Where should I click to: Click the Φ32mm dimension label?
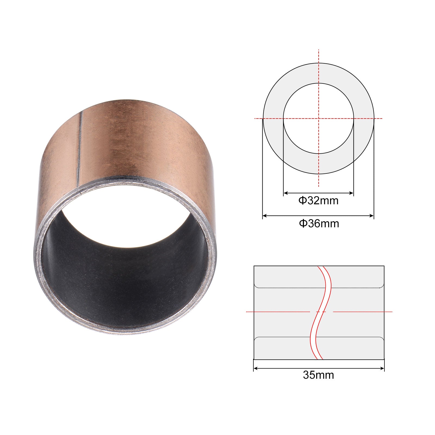tap(318, 201)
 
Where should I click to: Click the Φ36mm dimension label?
tap(319, 223)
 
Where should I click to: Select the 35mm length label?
tap(318, 375)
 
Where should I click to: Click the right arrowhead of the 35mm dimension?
tap(382, 369)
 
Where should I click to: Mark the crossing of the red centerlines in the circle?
tap(319, 119)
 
